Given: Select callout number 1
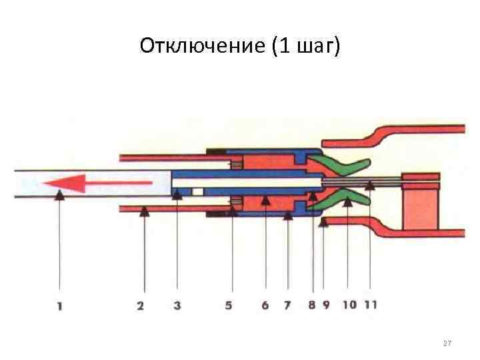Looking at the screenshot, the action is (x=59, y=307).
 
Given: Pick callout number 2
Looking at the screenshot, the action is (x=141, y=307).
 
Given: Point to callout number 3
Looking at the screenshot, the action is (x=177, y=307).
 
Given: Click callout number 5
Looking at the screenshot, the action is (x=229, y=307).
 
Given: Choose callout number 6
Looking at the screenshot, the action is (x=265, y=307).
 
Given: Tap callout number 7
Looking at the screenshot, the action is (x=287, y=307).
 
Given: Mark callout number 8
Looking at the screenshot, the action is (x=312, y=307).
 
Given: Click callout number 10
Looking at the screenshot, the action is (x=349, y=307).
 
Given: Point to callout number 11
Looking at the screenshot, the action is (x=371, y=307).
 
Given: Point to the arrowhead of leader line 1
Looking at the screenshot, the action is (x=59, y=195).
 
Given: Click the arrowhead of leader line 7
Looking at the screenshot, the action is (x=287, y=214).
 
